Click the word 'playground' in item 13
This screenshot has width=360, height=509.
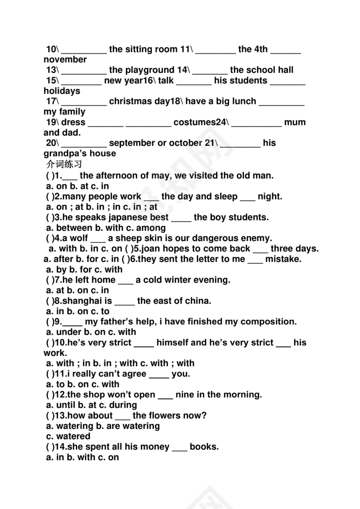(x=150, y=70)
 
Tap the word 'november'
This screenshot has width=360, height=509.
(x=65, y=59)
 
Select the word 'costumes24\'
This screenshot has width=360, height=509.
(x=200, y=122)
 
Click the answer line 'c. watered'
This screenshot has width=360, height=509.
(x=68, y=436)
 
